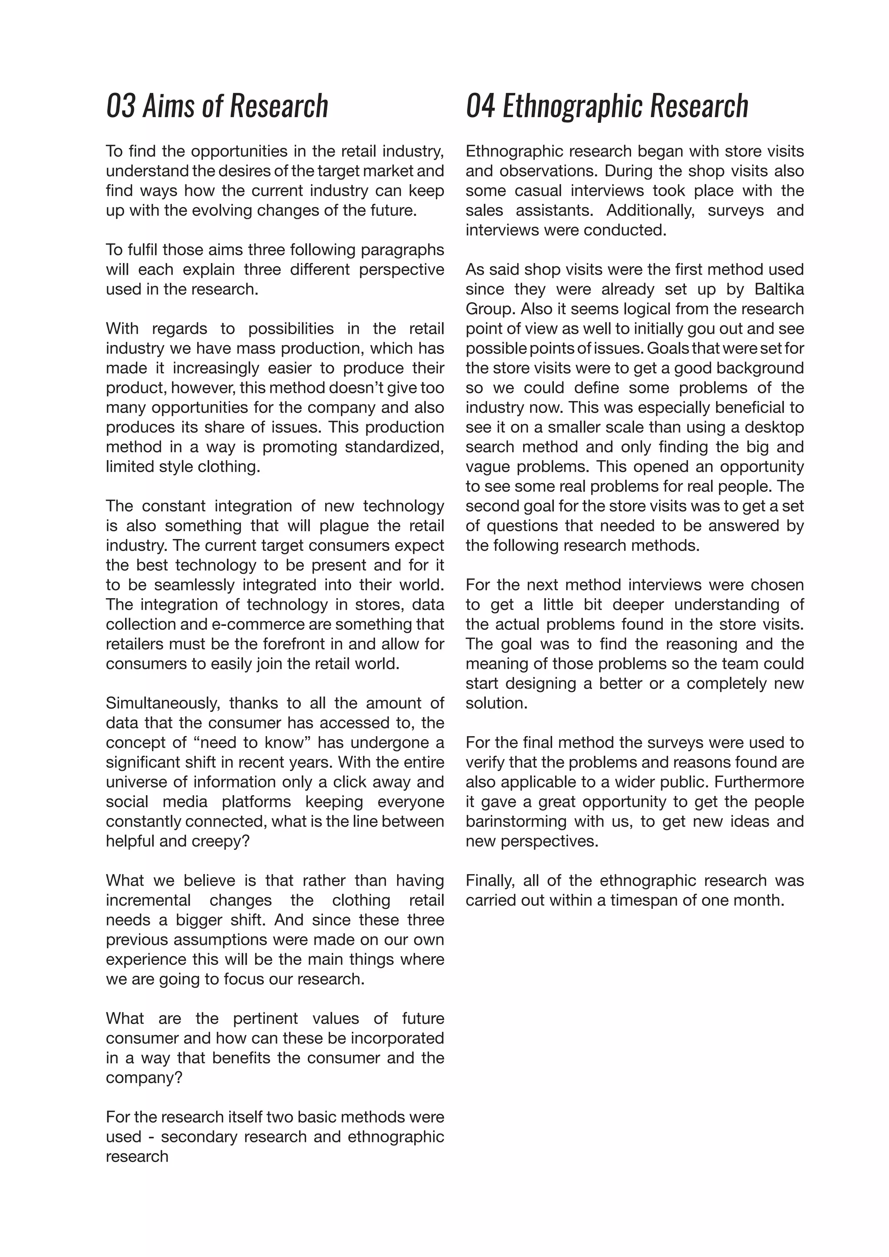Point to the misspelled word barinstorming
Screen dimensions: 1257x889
[516, 821]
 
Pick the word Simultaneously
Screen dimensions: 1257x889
[163, 703]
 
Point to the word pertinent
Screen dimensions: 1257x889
[266, 1018]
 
